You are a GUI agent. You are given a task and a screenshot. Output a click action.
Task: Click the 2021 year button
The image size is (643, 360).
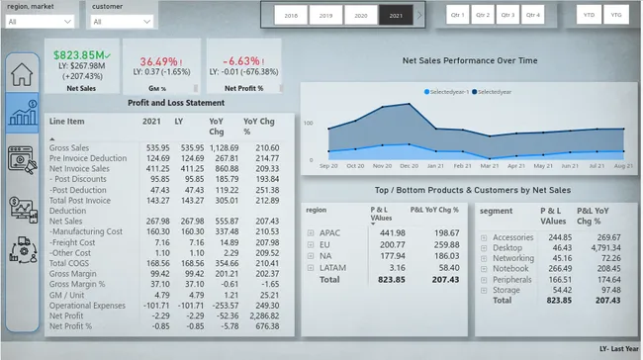pyautogui.click(x=397, y=16)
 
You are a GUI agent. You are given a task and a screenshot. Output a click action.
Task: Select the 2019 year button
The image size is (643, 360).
pyautogui.click(x=326, y=16)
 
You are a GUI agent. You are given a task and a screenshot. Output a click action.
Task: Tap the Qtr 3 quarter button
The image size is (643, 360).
pyautogui.click(x=507, y=15)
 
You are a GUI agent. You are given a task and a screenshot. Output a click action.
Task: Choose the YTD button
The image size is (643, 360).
pyautogui.click(x=590, y=15)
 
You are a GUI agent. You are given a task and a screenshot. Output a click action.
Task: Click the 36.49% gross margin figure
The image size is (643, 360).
pyautogui.click(x=158, y=60)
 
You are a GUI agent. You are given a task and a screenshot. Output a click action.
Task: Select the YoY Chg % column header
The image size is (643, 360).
pyautogui.click(x=261, y=126)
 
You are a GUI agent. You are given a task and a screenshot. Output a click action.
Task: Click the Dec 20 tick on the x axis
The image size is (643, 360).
pyautogui.click(x=409, y=166)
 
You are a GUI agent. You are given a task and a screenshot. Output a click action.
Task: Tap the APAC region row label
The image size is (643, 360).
pyautogui.click(x=331, y=232)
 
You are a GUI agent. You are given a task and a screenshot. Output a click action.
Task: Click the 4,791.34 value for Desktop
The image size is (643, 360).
pyautogui.click(x=600, y=248)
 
